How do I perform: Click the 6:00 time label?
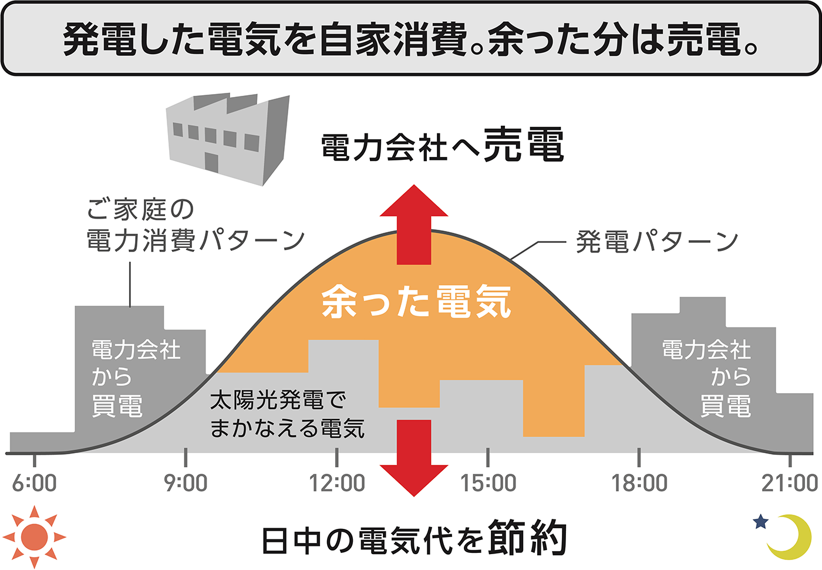tap(35, 483)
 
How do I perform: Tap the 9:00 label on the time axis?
tap(186, 483)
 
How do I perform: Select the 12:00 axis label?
tap(337, 483)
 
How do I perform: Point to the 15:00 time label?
tap(488, 483)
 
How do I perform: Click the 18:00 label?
tap(639, 483)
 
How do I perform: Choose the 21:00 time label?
tap(790, 483)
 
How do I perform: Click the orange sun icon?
tap(34, 537)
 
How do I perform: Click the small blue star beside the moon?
tap(760, 521)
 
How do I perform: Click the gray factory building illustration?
tap(229, 138)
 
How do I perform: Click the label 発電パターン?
tap(656, 242)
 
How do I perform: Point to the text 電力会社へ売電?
tap(442, 145)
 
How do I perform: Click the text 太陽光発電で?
tap(278, 400)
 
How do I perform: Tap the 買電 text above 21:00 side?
tap(726, 406)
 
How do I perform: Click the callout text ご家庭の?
tap(140, 209)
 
